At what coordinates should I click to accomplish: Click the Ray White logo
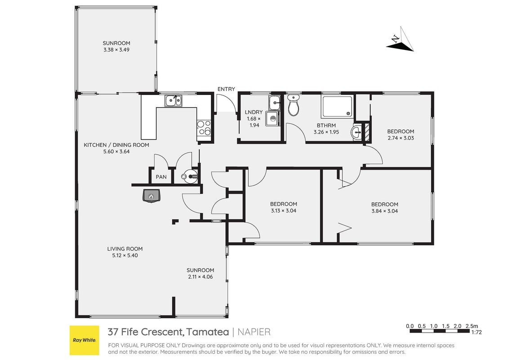(85, 340)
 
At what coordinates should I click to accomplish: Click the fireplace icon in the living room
(151, 196)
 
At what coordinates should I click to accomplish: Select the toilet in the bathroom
(294, 105)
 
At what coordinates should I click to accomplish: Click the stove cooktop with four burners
(204, 127)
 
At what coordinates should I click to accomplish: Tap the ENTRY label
(226, 89)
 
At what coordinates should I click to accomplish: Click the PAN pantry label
(161, 177)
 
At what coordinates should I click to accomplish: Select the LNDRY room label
(254, 112)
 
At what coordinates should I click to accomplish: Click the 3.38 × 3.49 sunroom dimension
(116, 49)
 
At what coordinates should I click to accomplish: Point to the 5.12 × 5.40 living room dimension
(125, 256)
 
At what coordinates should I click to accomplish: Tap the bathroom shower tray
(337, 106)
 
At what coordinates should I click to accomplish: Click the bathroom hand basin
(357, 132)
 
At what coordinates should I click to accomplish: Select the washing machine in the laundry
(272, 119)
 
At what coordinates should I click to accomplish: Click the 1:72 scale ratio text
(476, 333)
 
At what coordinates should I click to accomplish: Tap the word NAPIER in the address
(254, 332)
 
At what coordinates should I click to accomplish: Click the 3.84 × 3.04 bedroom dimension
(384, 211)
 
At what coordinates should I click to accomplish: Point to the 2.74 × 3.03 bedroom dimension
(401, 138)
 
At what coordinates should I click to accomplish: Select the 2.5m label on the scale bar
(471, 326)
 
